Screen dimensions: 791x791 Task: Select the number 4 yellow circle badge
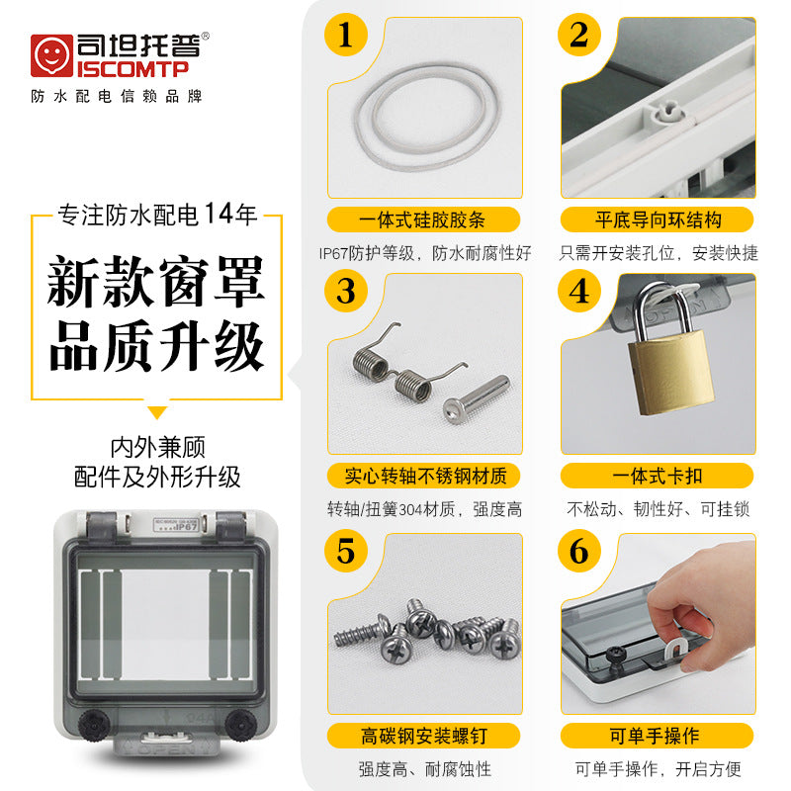coord(579,292)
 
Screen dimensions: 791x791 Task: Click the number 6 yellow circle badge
coord(579,551)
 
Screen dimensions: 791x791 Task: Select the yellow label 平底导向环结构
coord(658,220)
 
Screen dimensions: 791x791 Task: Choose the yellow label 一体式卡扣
coord(658,476)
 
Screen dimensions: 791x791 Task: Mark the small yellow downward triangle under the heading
coord(157,411)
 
